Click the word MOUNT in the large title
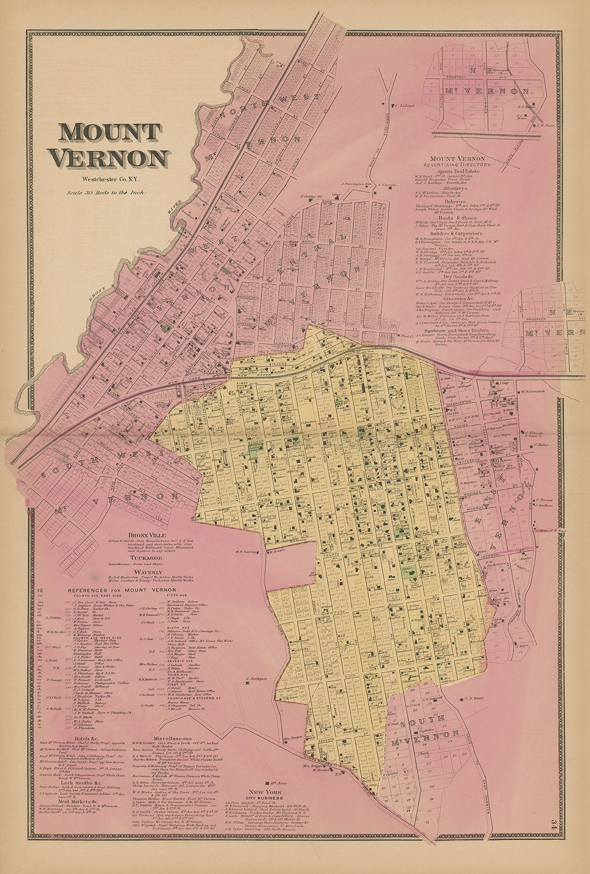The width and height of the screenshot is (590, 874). [x=110, y=133]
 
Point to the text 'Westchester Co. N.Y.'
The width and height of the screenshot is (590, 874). [x=110, y=180]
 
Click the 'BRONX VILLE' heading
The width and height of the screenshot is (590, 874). [x=145, y=534]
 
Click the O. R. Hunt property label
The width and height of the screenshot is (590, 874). [x=475, y=700]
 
